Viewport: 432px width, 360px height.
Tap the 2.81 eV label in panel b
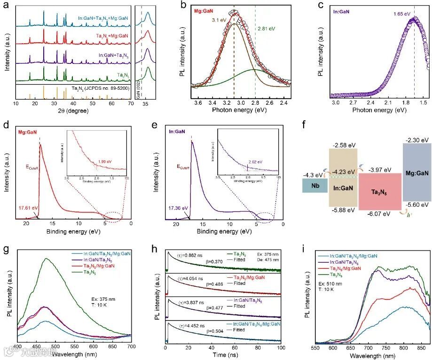(x=266, y=29)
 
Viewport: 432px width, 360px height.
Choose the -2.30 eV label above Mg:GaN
(x=416, y=140)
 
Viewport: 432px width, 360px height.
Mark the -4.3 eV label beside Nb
(x=311, y=175)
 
